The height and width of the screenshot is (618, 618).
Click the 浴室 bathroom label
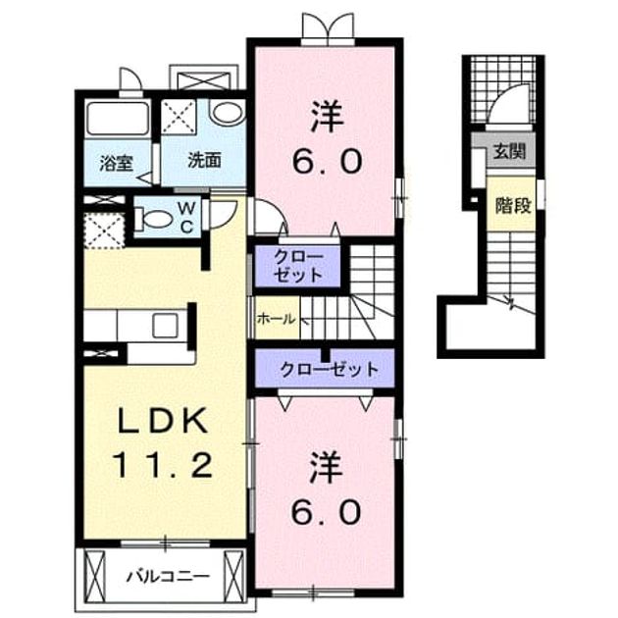tap(117, 163)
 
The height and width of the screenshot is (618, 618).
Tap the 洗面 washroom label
tap(204, 161)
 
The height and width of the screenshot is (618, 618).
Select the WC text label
tap(185, 217)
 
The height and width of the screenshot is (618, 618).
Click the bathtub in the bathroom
tap(118, 120)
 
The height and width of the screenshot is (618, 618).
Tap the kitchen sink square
tap(165, 325)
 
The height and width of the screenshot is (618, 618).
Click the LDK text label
tap(163, 421)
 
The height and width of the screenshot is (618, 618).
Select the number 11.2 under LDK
tap(163, 465)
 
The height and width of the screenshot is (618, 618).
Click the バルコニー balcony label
tap(168, 577)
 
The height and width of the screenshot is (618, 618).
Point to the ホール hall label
tap(276, 318)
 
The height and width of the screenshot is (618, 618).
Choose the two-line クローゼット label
tap(298, 267)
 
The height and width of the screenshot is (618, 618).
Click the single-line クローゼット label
tap(330, 369)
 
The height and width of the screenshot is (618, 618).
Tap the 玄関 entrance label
tap(510, 150)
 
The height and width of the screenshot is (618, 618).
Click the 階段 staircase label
tap(514, 205)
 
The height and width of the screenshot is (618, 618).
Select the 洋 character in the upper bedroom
tap(327, 117)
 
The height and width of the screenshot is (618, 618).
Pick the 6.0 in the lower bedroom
tap(327, 512)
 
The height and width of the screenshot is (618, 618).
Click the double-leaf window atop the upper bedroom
tap(328, 26)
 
